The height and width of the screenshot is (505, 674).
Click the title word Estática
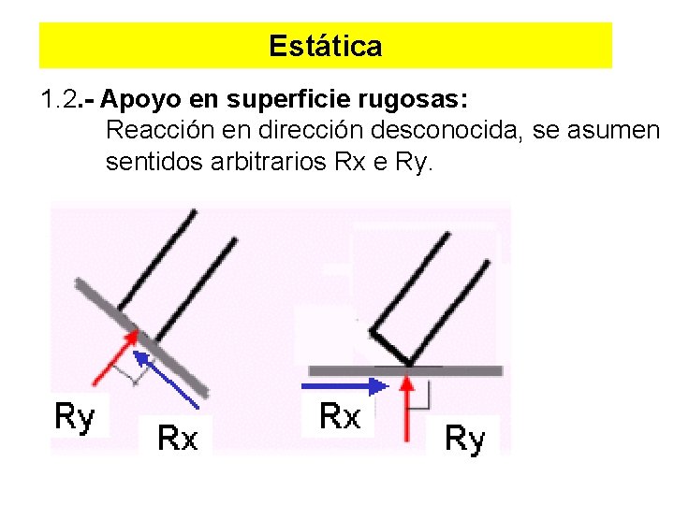click(325, 46)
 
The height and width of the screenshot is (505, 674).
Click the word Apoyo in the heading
click(133, 98)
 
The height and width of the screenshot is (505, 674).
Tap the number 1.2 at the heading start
click(63, 98)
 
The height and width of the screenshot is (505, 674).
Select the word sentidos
click(145, 163)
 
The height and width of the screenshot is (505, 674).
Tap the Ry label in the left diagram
click(75, 416)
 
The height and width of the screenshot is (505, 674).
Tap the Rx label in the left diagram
click(177, 436)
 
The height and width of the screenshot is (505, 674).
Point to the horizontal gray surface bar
click(449, 370)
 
